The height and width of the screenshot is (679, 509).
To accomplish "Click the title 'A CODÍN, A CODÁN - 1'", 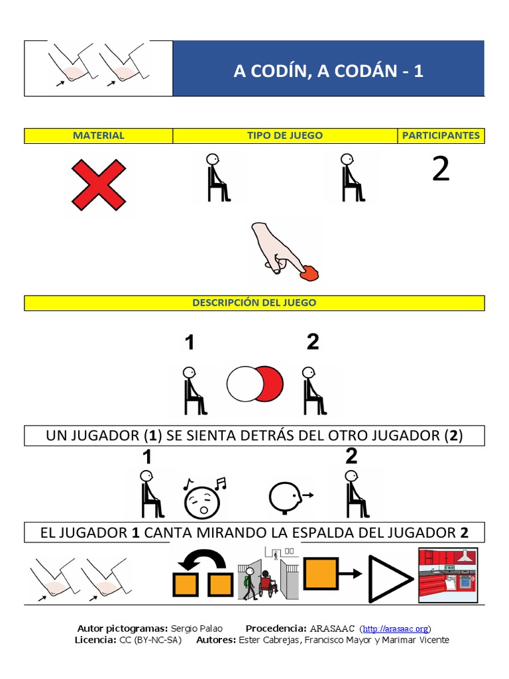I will click(328, 71).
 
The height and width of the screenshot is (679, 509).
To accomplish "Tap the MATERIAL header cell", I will click(98, 135).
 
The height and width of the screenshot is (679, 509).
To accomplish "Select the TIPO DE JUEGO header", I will click(285, 135).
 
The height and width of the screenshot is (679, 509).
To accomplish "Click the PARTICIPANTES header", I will click(441, 135).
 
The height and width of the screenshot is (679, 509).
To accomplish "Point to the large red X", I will click(98, 184).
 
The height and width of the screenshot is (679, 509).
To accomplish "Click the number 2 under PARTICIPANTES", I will click(441, 170).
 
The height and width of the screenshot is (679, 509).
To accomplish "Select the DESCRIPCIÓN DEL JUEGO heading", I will click(254, 302).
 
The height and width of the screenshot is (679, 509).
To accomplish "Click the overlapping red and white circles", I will click(255, 385).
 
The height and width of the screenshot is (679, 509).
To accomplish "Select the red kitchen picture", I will click(448, 574).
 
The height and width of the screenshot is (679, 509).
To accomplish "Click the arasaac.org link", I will click(396, 629).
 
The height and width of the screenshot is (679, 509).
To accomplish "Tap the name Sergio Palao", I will click(197, 629).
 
